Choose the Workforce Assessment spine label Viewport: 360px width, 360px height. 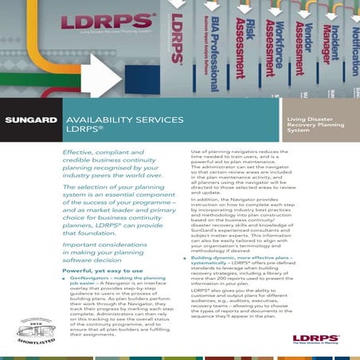pos(272,44)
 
